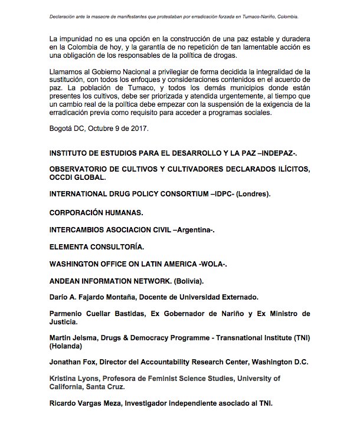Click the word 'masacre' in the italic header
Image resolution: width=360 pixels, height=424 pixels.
(x=113, y=9)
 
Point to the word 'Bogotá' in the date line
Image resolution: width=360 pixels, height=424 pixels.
(x=64, y=128)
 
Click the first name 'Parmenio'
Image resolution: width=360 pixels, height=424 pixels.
(x=70, y=314)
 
